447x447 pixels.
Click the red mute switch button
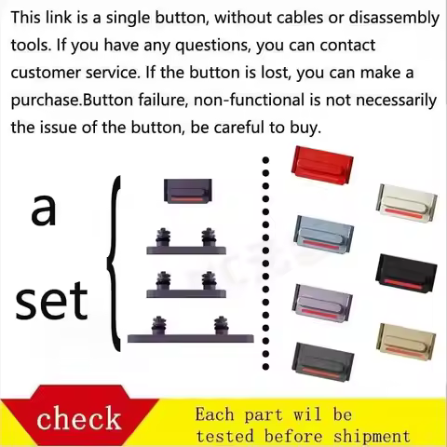point(322,165)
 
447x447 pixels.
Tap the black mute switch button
point(406,273)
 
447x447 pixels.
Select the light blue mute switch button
point(324,234)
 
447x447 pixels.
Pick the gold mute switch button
point(406,342)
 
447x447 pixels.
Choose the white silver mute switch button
point(407,203)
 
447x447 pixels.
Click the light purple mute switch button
point(322,303)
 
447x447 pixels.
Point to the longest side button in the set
point(191,330)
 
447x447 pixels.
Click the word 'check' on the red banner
point(79,418)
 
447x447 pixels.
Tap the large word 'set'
point(51,300)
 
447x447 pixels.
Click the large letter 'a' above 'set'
point(44,209)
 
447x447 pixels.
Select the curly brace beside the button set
point(113,264)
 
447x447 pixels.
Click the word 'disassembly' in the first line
point(394,18)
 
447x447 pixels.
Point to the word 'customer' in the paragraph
point(46,73)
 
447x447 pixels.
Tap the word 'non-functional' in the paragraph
point(249,100)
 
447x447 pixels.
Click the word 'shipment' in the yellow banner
point(372,436)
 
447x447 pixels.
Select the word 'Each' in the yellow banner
point(214,414)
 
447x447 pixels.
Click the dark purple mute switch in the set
point(188,191)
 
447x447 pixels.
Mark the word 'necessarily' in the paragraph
point(396,101)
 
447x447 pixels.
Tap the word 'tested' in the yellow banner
point(225,436)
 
